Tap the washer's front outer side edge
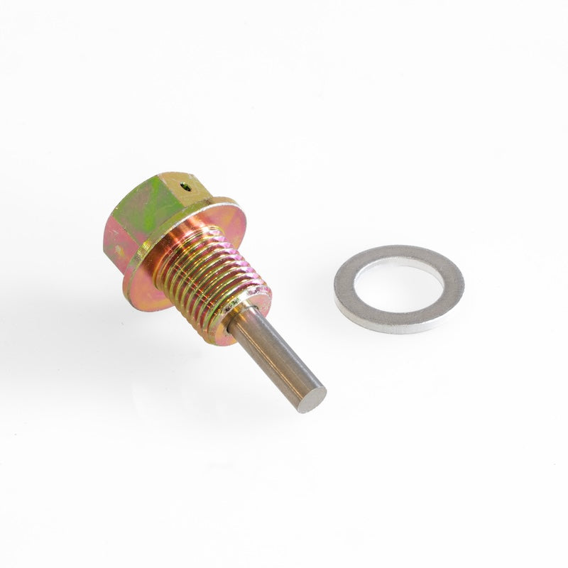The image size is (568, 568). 398,326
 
